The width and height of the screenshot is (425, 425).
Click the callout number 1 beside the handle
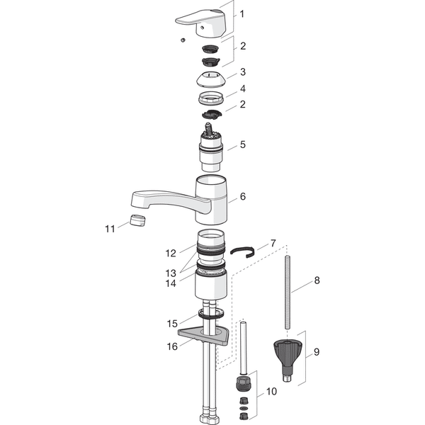pyautogui.click(x=242, y=14)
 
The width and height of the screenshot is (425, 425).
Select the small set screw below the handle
pyautogui.click(x=183, y=40)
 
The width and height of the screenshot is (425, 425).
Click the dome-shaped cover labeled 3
pyautogui.click(x=210, y=79)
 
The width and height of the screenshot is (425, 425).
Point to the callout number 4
pyautogui.click(x=242, y=89)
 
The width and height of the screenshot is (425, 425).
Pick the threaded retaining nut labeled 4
pyautogui.click(x=211, y=98)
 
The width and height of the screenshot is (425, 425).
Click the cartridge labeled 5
pyautogui.click(x=211, y=148)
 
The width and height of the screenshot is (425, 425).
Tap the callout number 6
pyautogui.click(x=242, y=196)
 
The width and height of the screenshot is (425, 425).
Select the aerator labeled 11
pyautogui.click(x=137, y=220)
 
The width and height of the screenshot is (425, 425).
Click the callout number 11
pyautogui.click(x=110, y=229)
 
